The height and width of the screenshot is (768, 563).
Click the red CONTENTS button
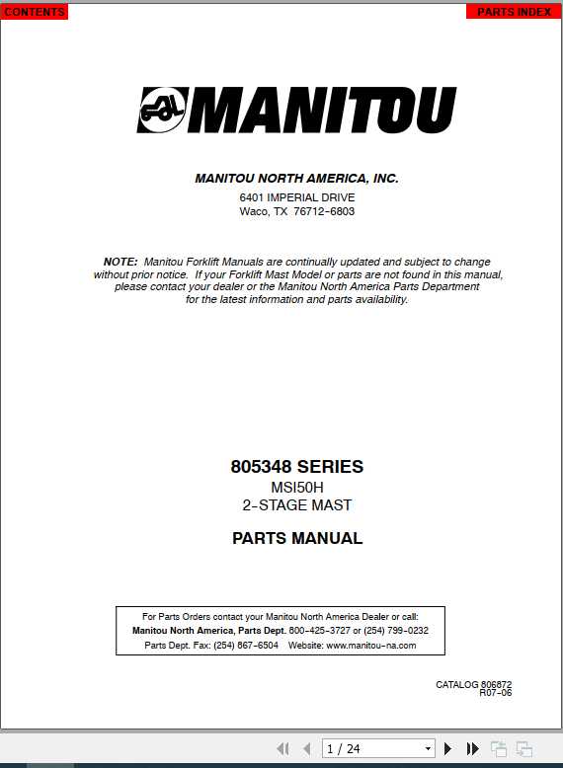click(34, 12)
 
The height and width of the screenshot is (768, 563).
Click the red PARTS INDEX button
click(514, 12)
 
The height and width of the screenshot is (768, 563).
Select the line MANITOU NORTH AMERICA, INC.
click(296, 179)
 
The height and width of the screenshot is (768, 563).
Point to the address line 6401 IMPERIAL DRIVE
click(296, 197)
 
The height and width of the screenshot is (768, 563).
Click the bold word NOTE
click(121, 262)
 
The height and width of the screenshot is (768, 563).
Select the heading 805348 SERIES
click(296, 467)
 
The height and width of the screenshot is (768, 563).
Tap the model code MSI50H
click(296, 488)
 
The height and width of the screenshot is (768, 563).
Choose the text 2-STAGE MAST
click(296, 505)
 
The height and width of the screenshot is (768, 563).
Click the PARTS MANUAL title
click(296, 539)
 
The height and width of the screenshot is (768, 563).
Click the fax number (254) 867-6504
click(246, 646)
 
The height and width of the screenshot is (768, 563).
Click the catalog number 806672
click(496, 684)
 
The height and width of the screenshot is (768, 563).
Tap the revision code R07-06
click(495, 693)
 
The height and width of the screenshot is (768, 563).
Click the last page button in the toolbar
click(473, 749)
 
